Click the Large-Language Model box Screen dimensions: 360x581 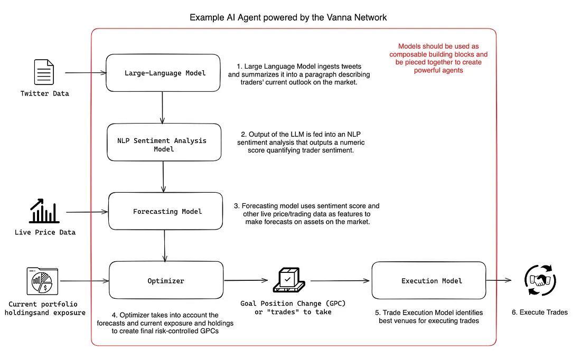[x=163, y=73]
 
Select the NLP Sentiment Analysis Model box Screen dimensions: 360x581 [x=164, y=143]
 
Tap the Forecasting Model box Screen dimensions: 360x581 [x=165, y=211]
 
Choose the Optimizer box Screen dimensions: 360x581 [x=166, y=280]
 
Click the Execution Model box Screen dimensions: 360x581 [x=428, y=280]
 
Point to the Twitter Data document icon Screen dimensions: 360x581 [x=44, y=72]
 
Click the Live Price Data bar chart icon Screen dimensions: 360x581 [x=44, y=211]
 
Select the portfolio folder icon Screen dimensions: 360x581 [x=42, y=281]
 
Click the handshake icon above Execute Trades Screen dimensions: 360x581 [x=540, y=280]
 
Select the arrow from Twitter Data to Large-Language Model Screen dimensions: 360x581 [x=85, y=73]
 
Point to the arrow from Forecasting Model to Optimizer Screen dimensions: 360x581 [x=165, y=245]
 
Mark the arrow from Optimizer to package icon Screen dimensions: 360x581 [x=246, y=280]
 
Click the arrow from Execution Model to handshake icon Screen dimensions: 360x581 [x=499, y=280]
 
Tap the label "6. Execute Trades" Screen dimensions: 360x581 [x=539, y=312]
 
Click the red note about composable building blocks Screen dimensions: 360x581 [x=438, y=58]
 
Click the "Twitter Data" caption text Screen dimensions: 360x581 [x=45, y=93]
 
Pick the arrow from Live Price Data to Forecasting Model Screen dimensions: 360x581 [x=87, y=212]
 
